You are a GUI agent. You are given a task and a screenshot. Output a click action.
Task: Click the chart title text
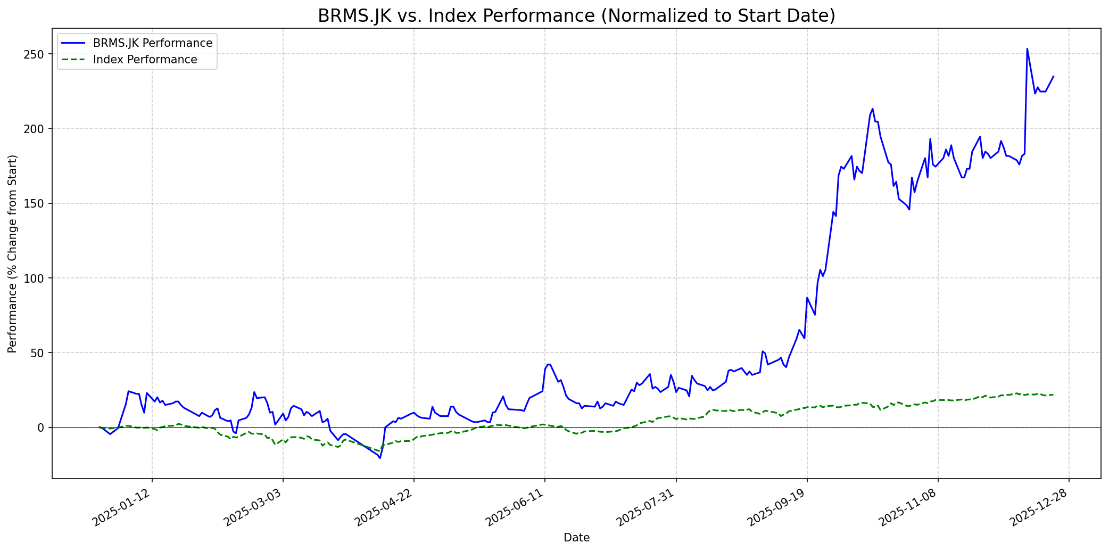pos(576,16)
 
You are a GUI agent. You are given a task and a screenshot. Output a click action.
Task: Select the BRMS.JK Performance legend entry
pos(152,43)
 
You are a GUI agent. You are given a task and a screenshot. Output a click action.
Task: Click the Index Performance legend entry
pos(145,60)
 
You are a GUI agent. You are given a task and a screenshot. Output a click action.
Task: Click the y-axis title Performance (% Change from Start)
pos(12,253)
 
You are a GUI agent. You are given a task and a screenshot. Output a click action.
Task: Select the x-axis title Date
pos(576,538)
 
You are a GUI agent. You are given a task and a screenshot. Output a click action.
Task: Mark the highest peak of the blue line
pos(1027,48)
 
